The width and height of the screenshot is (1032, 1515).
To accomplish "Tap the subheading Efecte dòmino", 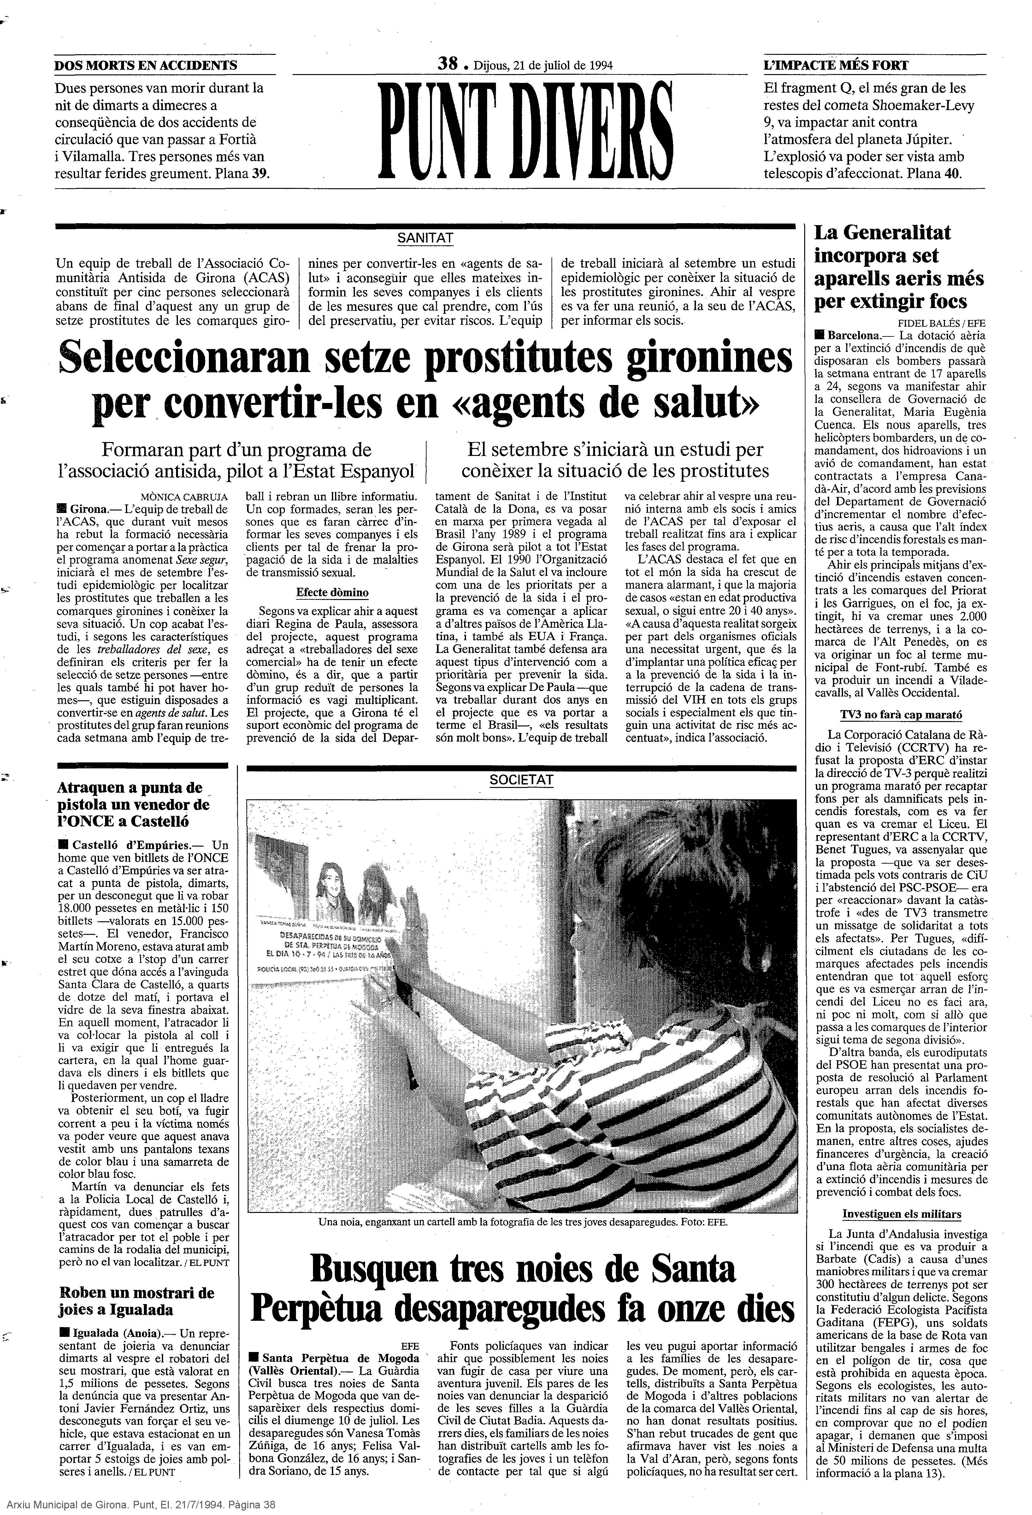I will (332, 592).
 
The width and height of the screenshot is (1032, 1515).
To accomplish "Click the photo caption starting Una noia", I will (522, 1222).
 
